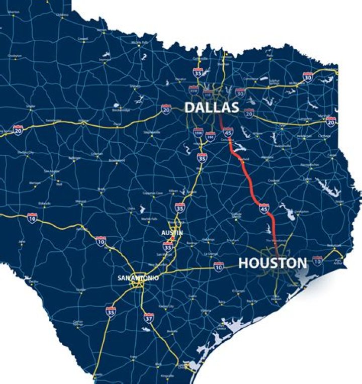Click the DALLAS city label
click(211, 108)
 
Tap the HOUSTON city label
click(273, 263)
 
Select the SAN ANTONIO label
click(138, 278)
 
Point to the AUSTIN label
click(172, 233)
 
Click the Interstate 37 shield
click(148, 317)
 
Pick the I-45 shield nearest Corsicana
click(228, 132)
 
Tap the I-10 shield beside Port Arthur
click(317, 260)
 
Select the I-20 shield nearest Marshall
click(330, 121)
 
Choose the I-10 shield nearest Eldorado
click(32, 217)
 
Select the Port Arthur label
click(339, 260)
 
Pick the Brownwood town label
click(117, 160)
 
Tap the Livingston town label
click(302, 212)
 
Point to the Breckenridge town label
click(121, 110)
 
